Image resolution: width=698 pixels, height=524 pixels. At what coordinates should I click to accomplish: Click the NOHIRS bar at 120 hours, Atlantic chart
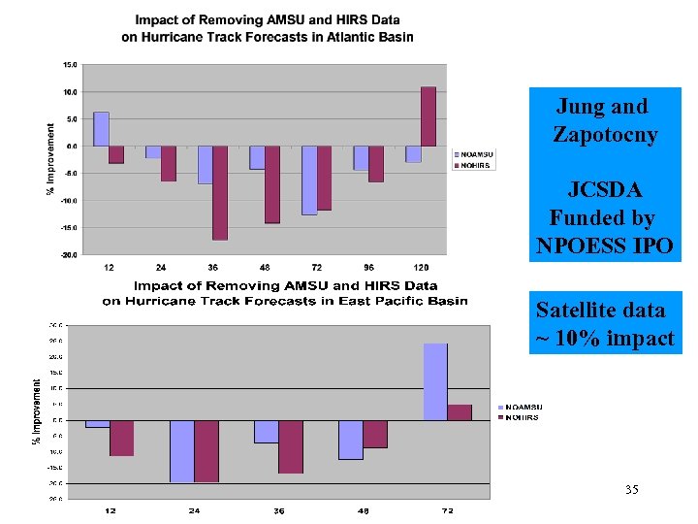[428, 116]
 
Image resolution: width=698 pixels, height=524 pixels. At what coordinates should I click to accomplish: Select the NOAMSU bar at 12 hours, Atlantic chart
[101, 129]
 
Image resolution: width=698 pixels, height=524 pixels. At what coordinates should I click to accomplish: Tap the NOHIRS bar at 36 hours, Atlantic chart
[220, 192]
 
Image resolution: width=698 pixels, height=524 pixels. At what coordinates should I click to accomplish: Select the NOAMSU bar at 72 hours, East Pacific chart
[435, 381]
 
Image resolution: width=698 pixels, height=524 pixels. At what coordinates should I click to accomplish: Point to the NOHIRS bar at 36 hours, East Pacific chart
[291, 446]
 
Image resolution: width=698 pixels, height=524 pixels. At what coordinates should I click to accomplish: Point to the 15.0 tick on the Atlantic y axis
[71, 65]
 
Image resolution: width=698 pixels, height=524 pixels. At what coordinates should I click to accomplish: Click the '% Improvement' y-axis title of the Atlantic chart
[50, 158]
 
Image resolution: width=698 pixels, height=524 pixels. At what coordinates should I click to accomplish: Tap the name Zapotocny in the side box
[604, 135]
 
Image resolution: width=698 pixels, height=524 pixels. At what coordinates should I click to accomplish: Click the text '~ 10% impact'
[604, 339]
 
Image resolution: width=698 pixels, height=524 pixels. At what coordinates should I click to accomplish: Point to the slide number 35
[631, 490]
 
